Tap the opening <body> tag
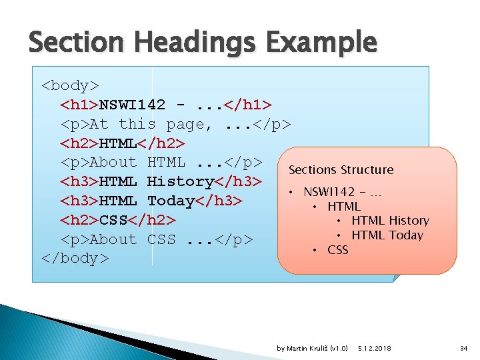pos(70,85)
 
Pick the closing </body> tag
pos(75,258)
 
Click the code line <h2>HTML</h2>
pos(123,143)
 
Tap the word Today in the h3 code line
pos(171,201)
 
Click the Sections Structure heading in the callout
pos(341,170)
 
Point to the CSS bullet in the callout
pos(337,250)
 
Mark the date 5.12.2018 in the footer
pos(375,349)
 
